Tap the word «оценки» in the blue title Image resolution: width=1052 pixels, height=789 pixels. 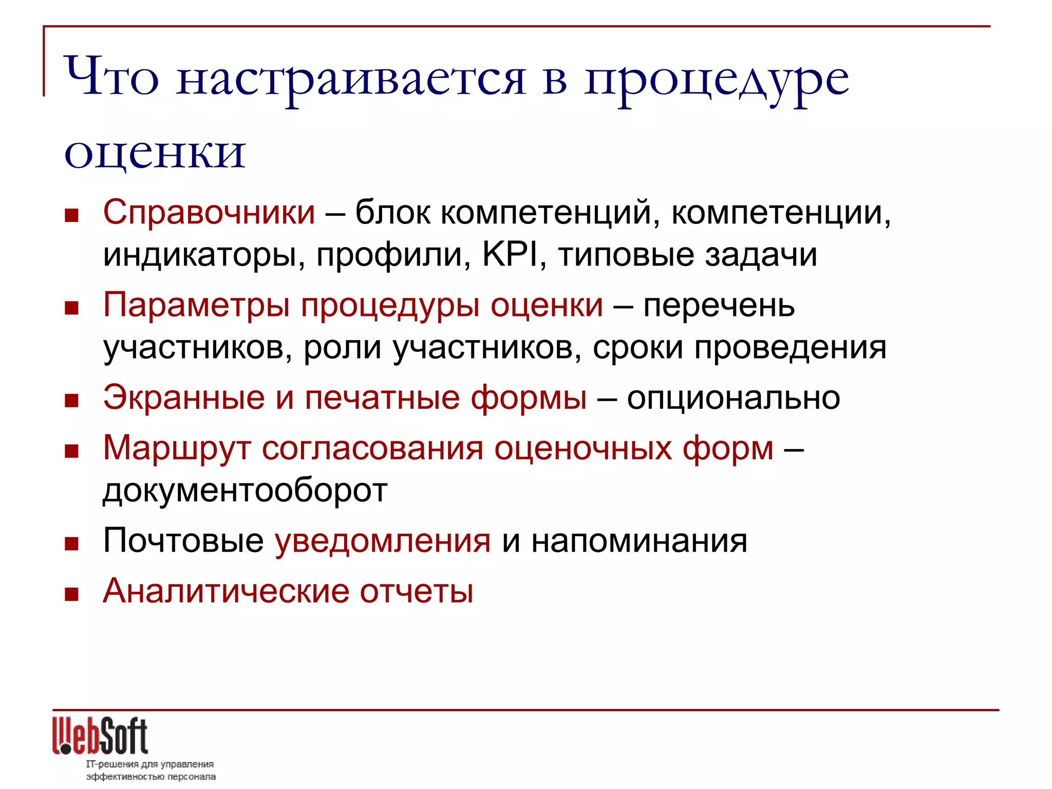click(155, 153)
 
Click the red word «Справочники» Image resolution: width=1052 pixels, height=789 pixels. click(209, 212)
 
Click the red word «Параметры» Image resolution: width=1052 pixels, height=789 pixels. click(197, 306)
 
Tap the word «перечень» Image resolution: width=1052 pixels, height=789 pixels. click(719, 306)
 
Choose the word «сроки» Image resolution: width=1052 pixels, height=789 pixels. click(638, 348)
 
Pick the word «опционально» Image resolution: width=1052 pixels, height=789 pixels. click(733, 398)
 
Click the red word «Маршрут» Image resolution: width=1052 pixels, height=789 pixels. click(177, 448)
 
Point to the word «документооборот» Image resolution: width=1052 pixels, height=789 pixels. click(245, 491)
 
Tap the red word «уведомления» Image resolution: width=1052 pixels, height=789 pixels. click(383, 541)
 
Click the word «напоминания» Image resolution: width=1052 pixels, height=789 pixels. click(639, 541)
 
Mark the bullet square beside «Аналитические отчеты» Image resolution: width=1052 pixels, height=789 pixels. click(71, 594)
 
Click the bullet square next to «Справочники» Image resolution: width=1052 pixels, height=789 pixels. click(71, 215)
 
